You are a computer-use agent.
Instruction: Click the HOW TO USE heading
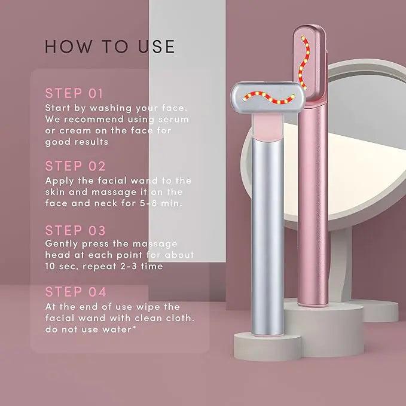pos(110,47)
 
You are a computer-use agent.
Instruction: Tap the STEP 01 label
pos(74,93)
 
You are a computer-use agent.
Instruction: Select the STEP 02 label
pos(75,166)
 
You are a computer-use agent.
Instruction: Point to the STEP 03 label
pos(75,230)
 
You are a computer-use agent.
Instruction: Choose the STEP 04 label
pos(75,292)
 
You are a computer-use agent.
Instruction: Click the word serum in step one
pos(173,120)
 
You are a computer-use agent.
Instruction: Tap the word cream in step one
pos(75,130)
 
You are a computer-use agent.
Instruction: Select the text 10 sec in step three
pos(62,267)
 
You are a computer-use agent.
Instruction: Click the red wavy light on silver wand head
pos(269,97)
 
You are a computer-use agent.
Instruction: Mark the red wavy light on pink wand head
pos(304,63)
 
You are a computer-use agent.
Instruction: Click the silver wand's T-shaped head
pos(268,97)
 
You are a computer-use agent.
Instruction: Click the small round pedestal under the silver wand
pos(267,346)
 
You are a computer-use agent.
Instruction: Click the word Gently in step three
pos(62,244)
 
